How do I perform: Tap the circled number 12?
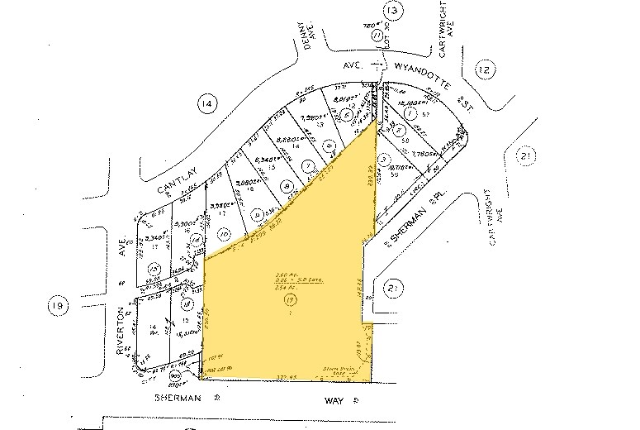click(x=485, y=71)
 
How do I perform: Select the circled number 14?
click(x=206, y=104)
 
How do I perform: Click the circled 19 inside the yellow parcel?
click(x=289, y=303)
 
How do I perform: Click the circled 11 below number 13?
click(x=377, y=36)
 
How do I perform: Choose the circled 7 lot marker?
click(x=309, y=164)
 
